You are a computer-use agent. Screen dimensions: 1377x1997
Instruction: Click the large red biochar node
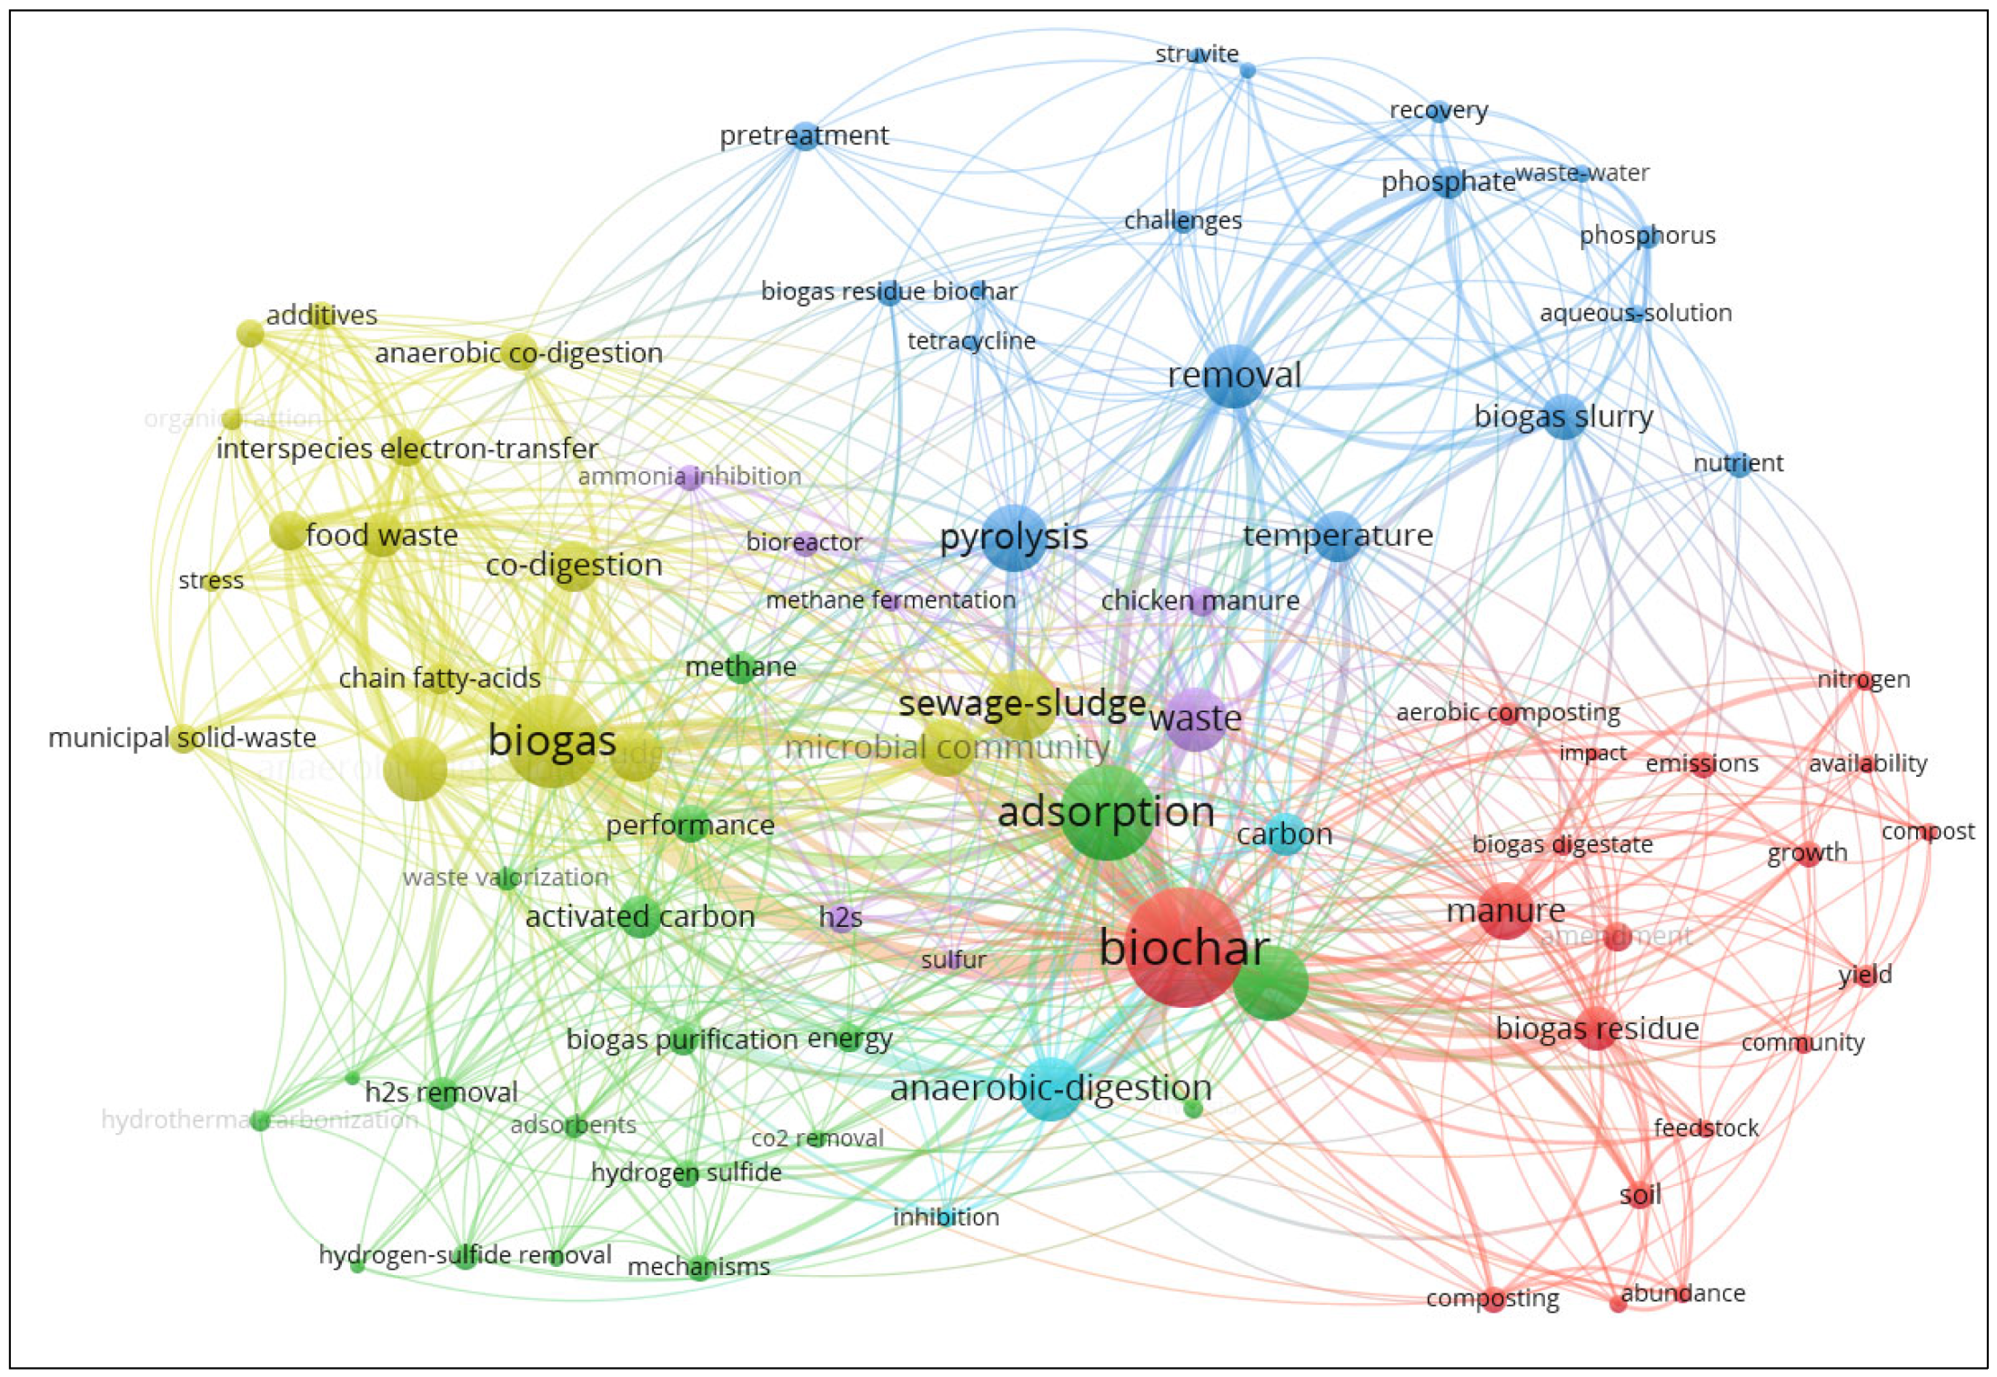pos(1183,948)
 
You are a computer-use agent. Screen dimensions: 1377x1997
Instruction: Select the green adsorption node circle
pos(1107,813)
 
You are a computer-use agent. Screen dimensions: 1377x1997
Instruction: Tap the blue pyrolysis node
pos(1014,538)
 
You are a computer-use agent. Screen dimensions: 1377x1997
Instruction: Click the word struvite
pos(1196,54)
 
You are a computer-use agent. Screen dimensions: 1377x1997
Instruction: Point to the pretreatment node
pos(805,136)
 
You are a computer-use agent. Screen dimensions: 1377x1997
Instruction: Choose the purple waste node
pos(1196,719)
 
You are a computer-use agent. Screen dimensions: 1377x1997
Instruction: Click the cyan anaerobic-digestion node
pos(1051,1089)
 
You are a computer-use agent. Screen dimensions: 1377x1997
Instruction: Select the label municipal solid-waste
pos(182,738)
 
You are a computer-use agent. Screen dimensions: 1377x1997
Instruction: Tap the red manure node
pos(1506,910)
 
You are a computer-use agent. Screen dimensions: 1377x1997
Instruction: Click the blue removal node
pos(1233,376)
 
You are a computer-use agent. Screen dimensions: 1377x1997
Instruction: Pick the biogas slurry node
pos(1564,417)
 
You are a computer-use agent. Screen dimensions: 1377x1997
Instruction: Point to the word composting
pos(1492,1298)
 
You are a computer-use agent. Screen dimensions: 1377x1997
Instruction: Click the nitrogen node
pos(1864,679)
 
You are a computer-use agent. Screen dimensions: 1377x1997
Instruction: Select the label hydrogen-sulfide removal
pos(465,1255)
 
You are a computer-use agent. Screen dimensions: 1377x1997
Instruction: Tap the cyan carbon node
pos(1284,834)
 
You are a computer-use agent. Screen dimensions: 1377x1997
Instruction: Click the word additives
pos(321,315)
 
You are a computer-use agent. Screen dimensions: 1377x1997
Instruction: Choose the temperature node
pos(1338,535)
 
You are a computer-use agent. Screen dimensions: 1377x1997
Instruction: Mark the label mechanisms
pos(698,1266)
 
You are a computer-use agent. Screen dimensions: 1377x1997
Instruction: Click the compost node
pos(1928,831)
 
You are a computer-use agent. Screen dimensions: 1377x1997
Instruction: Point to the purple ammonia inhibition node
pos(690,477)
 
